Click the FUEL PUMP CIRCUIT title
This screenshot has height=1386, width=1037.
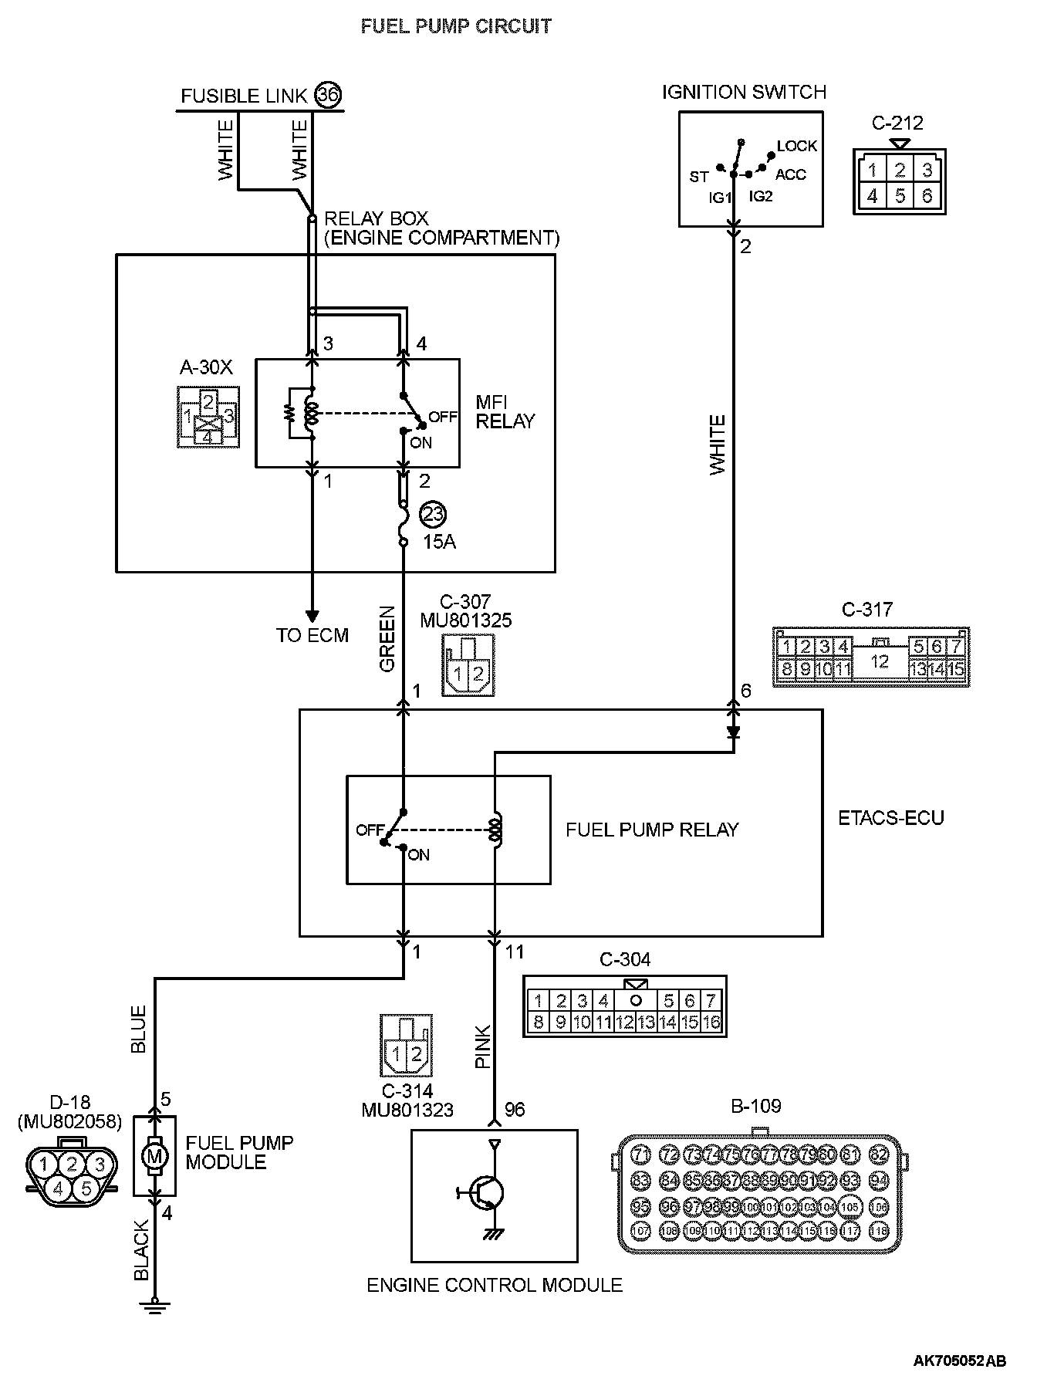456,26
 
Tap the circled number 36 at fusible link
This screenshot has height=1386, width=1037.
328,95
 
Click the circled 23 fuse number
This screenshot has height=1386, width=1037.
433,514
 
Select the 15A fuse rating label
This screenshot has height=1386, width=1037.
439,542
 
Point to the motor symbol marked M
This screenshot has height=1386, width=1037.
156,1155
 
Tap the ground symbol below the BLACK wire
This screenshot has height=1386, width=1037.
155,1303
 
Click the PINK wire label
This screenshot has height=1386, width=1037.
483,1046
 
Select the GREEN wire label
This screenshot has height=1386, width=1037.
387,638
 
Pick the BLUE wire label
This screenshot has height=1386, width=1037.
139,1029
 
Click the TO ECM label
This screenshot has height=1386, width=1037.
312,635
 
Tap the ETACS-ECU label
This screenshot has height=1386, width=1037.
891,818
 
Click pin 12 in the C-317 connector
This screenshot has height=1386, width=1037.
880,661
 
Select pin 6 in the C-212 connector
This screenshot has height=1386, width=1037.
927,196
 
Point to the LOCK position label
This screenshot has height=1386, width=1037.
796,146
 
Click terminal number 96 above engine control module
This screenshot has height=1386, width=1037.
515,1109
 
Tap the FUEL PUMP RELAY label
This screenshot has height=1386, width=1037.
652,830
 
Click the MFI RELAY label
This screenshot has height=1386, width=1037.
505,411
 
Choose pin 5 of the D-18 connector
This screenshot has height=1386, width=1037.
86,1189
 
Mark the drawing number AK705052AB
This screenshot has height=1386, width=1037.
959,1362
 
